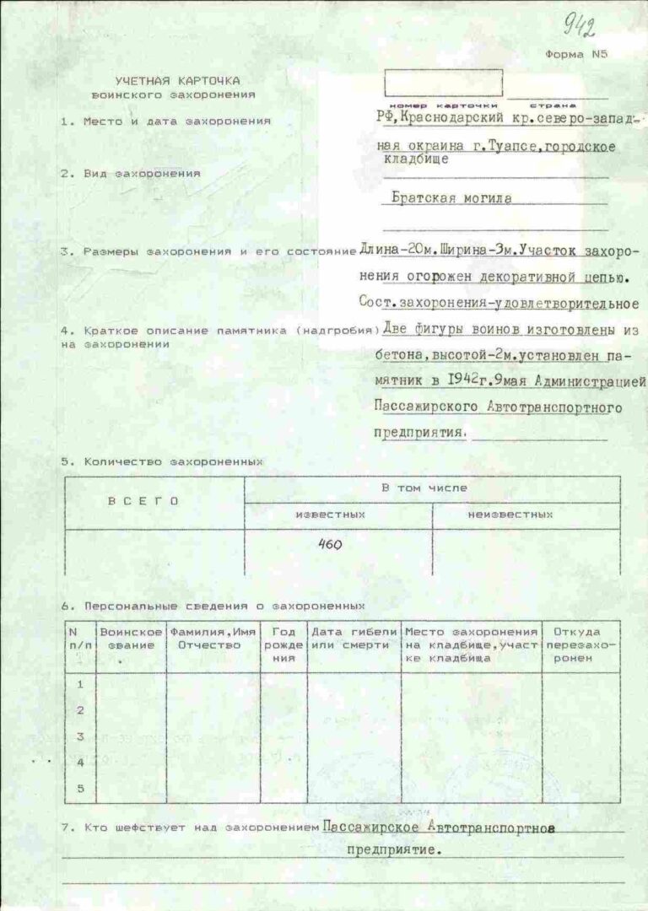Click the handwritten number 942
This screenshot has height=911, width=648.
(x=580, y=27)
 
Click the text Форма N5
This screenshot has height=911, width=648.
(x=576, y=55)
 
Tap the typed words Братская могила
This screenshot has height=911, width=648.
(x=452, y=200)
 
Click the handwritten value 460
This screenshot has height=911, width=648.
(x=330, y=545)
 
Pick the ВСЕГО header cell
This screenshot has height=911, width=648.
(x=143, y=500)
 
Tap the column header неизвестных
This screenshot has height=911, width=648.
(x=510, y=514)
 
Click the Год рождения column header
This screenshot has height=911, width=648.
(x=283, y=644)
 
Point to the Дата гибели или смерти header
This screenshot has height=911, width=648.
(x=354, y=639)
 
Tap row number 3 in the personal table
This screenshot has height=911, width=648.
(x=81, y=736)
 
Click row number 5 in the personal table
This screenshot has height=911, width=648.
(x=81, y=789)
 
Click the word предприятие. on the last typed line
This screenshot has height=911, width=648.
(x=394, y=850)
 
